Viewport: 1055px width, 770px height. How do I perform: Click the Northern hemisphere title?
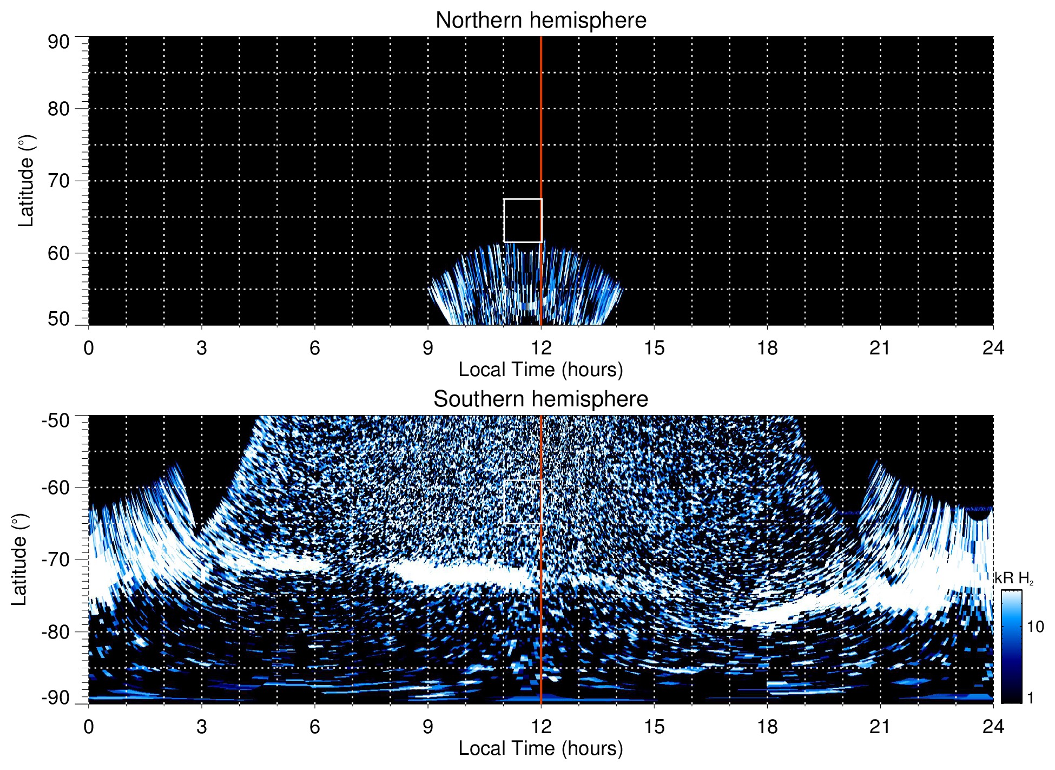[540, 21]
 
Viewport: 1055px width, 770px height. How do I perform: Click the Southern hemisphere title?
[540, 399]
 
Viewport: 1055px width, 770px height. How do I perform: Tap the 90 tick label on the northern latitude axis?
[58, 42]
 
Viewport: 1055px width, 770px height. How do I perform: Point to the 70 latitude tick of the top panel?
[58, 181]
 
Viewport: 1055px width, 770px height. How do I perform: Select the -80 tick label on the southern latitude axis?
[56, 631]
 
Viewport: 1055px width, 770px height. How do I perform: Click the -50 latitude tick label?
[56, 420]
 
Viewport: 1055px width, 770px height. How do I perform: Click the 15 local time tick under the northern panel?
[654, 348]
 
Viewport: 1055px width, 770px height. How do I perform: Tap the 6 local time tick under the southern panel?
[315, 727]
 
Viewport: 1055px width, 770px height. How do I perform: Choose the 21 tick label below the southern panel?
[880, 727]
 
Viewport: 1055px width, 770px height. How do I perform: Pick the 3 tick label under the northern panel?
[202, 348]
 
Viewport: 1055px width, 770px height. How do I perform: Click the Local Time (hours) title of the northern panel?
[540, 370]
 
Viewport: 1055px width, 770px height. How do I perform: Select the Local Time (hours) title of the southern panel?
[540, 748]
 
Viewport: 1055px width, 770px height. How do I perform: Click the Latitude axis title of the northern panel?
[26, 181]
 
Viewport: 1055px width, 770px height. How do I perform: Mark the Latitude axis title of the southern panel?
[19, 560]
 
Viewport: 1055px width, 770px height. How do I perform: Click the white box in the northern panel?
[523, 220]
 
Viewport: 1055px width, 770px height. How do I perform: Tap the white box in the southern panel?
[523, 502]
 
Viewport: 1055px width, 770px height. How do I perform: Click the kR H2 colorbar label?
[1014, 579]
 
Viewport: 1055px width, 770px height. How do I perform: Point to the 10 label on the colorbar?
[1035, 627]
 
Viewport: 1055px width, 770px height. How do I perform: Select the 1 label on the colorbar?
[1030, 698]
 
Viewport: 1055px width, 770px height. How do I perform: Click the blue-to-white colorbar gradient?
[1011, 647]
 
